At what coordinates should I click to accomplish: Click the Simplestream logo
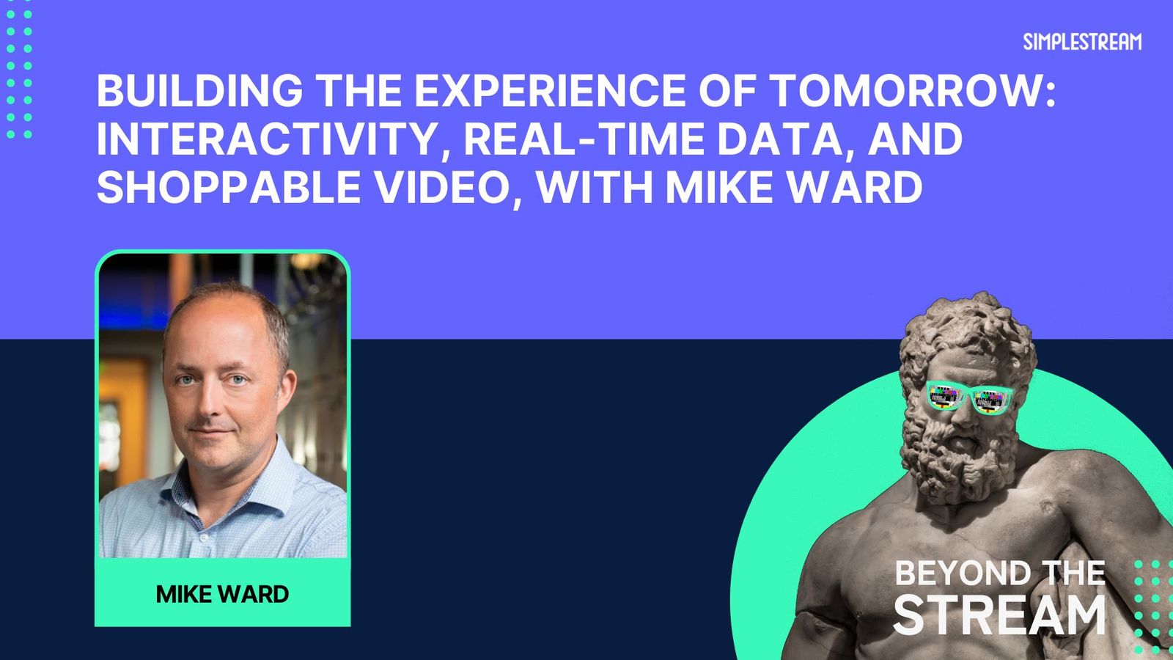point(1082,42)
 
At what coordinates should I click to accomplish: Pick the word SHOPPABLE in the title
point(229,187)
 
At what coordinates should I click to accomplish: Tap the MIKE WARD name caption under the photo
point(223,594)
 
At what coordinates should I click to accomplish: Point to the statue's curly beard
point(958,455)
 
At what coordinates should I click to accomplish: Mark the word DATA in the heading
point(788,140)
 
